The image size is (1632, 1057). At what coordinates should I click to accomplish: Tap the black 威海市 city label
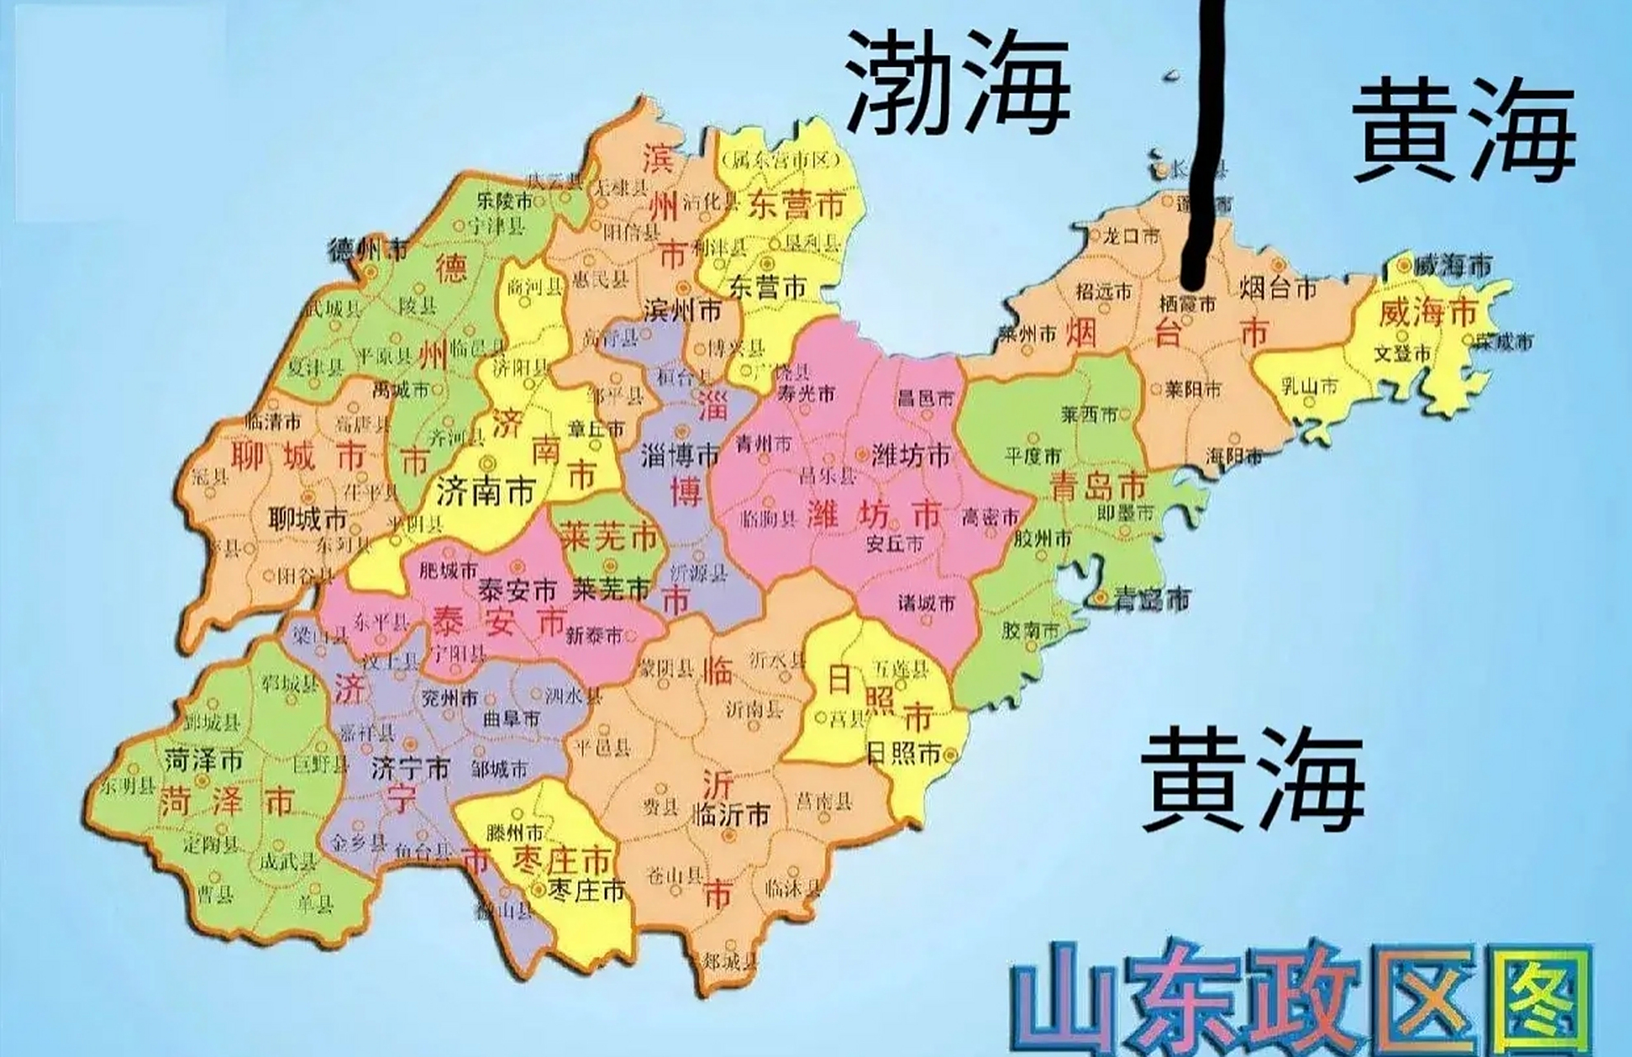click(x=1452, y=266)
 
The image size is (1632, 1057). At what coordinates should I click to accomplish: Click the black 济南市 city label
click(x=485, y=493)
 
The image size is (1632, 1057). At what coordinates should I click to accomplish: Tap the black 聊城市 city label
click(x=307, y=519)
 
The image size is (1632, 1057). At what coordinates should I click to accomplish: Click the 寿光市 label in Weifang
click(x=805, y=394)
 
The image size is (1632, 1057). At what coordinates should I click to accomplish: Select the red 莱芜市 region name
click(x=609, y=538)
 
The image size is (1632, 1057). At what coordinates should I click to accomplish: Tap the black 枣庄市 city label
click(x=588, y=891)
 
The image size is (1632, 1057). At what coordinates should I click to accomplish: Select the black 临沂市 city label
click(x=732, y=815)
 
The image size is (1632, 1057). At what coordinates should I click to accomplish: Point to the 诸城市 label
click(x=926, y=603)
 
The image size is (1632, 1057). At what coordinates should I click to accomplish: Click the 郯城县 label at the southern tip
click(x=727, y=960)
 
